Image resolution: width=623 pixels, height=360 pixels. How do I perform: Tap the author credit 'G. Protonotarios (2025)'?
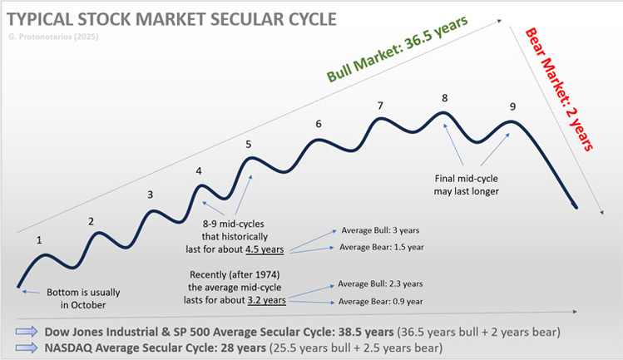[61, 37]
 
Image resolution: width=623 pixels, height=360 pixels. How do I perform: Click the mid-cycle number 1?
[38, 240]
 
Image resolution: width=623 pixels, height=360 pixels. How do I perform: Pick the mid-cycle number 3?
[150, 195]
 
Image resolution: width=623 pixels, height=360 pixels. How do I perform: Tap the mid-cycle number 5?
[248, 144]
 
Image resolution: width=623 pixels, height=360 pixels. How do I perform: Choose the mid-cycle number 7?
[380, 106]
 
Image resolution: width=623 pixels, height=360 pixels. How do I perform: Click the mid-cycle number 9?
[512, 106]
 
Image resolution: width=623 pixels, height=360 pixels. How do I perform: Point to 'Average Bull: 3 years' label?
[382, 229]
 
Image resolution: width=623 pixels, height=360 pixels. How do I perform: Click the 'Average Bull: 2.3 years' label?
[385, 284]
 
